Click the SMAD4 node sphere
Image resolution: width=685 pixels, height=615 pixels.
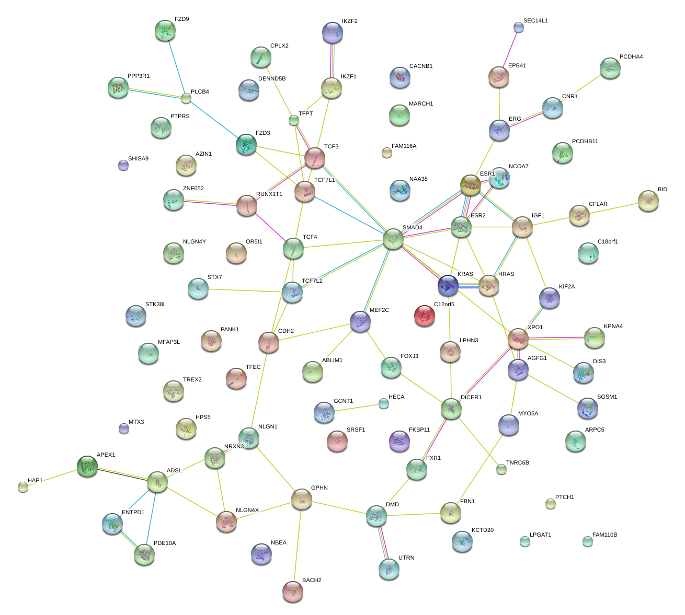393,239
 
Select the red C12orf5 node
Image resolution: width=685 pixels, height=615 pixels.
424,316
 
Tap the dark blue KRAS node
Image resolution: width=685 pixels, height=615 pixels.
448,285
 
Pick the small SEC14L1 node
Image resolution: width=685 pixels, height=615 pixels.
518,27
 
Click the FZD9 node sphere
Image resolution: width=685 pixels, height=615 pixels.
166,31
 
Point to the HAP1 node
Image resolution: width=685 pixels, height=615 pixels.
22,487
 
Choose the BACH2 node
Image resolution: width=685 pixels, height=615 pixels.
293,591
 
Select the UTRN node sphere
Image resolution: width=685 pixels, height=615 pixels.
389,568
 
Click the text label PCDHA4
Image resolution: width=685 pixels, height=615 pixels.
631,56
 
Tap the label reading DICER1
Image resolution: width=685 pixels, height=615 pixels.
471,398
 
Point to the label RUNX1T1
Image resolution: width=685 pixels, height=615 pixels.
269,194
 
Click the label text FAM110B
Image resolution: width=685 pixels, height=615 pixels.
604,535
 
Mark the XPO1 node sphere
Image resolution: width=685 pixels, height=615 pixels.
518,339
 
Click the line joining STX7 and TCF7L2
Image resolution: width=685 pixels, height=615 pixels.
245,289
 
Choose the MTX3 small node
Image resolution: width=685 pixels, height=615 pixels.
123,428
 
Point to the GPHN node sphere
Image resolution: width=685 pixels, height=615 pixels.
302,499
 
